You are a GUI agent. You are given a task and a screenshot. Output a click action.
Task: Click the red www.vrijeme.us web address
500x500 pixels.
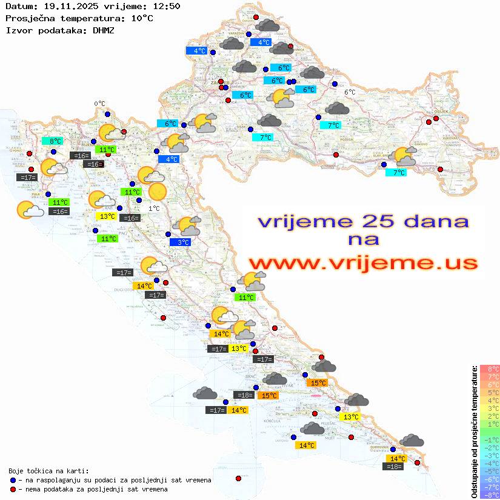[362, 262]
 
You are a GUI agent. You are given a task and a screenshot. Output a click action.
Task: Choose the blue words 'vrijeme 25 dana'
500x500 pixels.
[362, 221]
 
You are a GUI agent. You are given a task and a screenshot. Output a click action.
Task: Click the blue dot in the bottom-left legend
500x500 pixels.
[13, 480]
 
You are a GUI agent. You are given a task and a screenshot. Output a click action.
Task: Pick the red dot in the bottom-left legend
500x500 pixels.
[13, 489]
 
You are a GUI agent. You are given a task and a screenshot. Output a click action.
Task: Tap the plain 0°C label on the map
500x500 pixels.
[99, 104]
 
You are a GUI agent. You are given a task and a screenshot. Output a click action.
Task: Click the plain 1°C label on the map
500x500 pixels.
[154, 208]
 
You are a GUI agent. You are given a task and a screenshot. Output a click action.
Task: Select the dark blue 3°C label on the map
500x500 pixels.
[183, 242]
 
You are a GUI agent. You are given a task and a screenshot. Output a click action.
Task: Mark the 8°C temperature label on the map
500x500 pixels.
[55, 141]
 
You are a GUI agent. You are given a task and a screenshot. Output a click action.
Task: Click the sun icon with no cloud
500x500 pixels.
[157, 192]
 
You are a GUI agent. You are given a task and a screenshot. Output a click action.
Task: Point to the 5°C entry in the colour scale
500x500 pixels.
[490, 392]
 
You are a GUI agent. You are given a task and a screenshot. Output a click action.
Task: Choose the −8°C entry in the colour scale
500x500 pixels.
[489, 495]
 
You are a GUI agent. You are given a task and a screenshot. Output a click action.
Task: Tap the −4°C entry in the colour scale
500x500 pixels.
[489, 463]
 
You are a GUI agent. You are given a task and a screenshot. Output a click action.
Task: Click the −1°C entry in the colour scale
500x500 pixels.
[489, 439]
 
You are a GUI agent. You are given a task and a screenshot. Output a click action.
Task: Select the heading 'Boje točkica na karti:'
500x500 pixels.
[48, 471]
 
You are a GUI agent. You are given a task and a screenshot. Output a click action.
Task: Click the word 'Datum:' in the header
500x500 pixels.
[18, 6]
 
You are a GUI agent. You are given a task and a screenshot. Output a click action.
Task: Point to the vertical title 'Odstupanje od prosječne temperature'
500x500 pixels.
[474, 432]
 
